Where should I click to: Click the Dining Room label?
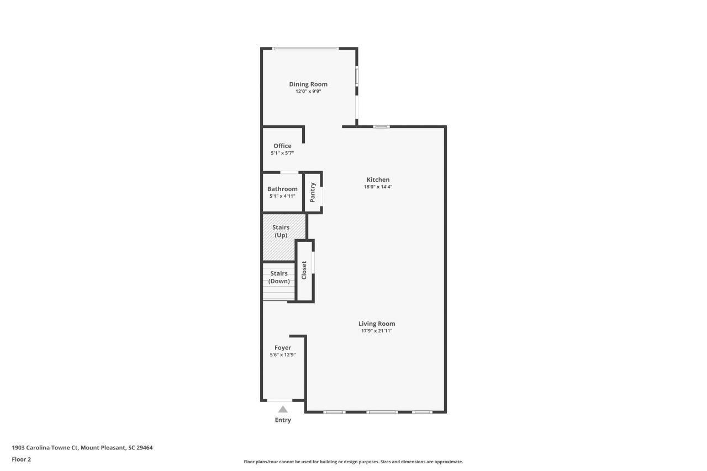[308, 84]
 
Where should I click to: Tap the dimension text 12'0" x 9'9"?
[308, 92]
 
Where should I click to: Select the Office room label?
[282, 146]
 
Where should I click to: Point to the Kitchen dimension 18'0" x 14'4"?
[378, 187]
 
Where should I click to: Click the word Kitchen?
[378, 179]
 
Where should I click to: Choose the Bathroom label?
[282, 189]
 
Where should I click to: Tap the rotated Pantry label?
[313, 193]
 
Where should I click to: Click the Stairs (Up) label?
[281, 231]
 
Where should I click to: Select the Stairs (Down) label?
[279, 277]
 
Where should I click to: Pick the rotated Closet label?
[304, 271]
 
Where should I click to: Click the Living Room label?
[377, 324]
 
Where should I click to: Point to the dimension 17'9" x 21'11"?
[377, 331]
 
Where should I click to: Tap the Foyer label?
[282, 348]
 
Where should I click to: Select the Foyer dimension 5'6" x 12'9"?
[282, 355]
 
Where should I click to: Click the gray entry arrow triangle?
[283, 410]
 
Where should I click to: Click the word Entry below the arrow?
[283, 420]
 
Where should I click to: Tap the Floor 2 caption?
[22, 459]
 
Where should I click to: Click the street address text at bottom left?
[82, 448]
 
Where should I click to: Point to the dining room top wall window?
[305, 49]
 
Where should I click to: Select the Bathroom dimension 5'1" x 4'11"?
[282, 196]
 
